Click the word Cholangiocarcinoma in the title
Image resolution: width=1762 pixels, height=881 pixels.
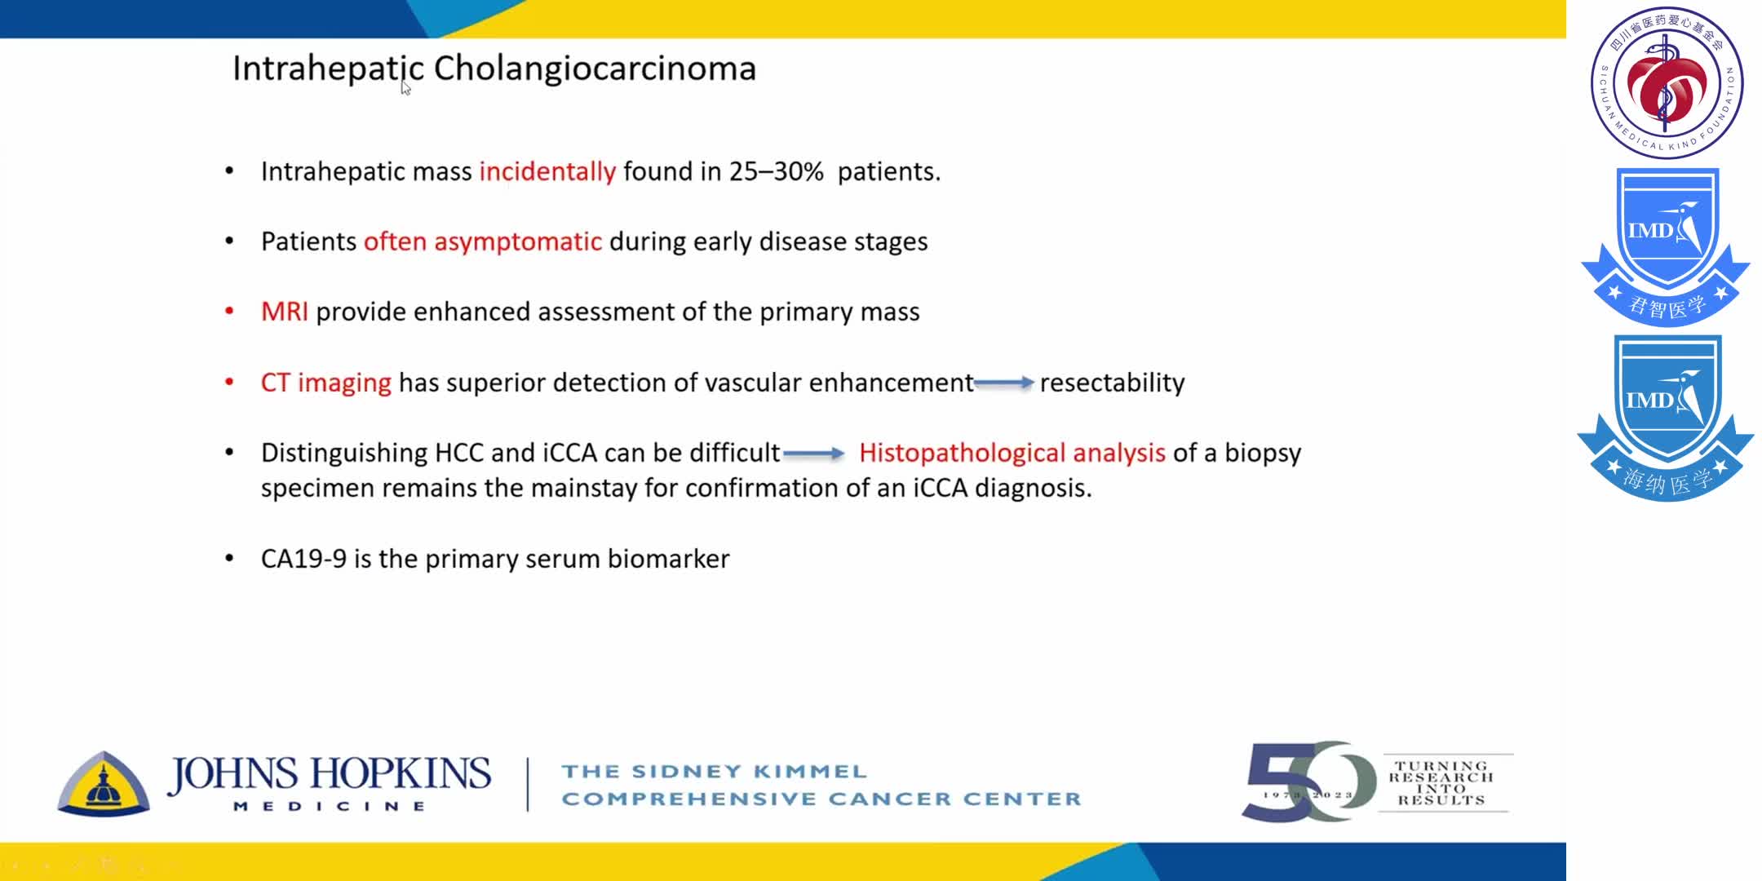click(595, 69)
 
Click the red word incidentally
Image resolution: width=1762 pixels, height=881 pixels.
click(547, 172)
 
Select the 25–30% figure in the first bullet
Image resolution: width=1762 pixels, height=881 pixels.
click(776, 172)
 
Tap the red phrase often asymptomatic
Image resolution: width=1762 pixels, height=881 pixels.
click(483, 242)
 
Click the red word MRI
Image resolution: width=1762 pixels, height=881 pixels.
click(284, 312)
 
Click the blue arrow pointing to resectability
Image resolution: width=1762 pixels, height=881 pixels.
click(1004, 383)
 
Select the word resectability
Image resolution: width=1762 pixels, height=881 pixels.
click(1112, 383)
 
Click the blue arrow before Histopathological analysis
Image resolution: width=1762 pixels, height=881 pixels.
click(814, 454)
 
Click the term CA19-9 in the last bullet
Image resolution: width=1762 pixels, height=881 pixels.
click(303, 559)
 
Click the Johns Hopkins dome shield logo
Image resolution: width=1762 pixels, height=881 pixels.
click(104, 784)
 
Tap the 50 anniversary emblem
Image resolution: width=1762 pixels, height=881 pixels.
click(1307, 781)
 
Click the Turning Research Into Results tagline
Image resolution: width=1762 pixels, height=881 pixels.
click(1441, 783)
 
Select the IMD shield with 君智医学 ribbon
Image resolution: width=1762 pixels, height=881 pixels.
click(1666, 246)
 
